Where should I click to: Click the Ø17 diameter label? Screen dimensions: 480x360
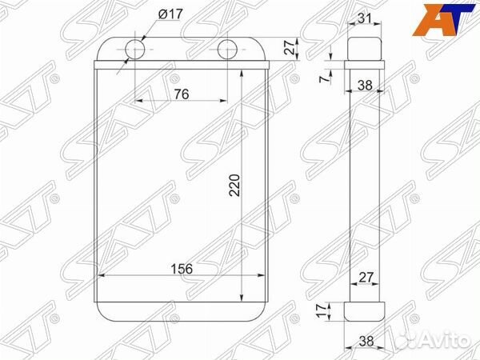pos(171,14)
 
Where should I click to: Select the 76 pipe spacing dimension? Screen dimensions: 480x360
pos(182,94)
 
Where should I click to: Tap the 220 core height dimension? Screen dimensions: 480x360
pos(234,186)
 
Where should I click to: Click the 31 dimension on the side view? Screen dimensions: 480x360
pos(365,18)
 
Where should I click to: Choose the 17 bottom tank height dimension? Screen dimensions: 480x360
pos(321,310)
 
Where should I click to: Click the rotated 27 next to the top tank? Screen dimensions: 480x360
pos(290,47)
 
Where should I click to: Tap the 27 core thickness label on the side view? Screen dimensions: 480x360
pos(366,277)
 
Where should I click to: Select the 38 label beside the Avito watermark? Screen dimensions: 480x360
pos(366,341)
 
